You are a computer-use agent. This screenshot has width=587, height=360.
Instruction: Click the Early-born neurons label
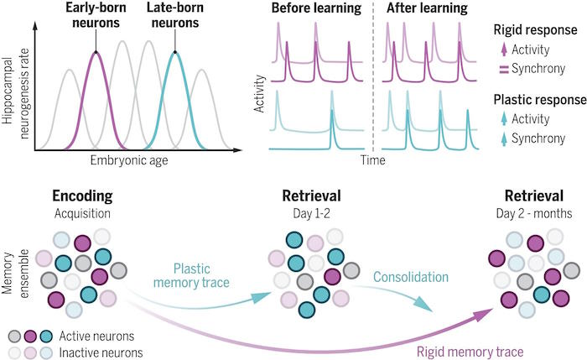pos(96,15)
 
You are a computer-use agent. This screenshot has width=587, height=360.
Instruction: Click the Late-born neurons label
pos(175,15)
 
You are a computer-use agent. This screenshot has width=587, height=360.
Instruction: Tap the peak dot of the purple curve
pos(96,52)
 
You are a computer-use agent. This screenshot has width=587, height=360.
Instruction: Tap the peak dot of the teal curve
pos(174,52)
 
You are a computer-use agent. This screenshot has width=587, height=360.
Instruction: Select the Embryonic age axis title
pos(129,161)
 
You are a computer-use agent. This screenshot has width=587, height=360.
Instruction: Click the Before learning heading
pos(316,8)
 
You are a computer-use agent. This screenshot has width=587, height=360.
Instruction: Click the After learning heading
pos(427,8)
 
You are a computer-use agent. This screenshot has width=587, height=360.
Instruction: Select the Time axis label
pos(373,160)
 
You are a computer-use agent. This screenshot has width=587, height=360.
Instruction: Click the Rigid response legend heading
pos(535,30)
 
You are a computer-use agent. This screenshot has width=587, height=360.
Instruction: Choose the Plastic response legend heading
pos(539,100)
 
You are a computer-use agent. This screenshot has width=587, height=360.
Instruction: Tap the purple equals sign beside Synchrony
pos(504,70)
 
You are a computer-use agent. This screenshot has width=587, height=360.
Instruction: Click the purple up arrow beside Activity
pos(504,50)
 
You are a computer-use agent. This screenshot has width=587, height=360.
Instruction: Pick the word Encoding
pos(82,196)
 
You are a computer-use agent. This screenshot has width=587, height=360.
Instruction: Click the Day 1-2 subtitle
pos(311,213)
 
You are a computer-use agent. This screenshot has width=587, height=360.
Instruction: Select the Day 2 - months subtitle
pos(534,213)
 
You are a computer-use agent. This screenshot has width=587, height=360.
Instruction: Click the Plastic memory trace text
pos(191,275)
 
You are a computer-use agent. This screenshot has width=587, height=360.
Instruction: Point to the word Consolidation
pos(411,277)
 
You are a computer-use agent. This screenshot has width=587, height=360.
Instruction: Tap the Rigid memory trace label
pos(470,352)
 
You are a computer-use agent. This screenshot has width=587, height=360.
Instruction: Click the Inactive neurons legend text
pos(101,353)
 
